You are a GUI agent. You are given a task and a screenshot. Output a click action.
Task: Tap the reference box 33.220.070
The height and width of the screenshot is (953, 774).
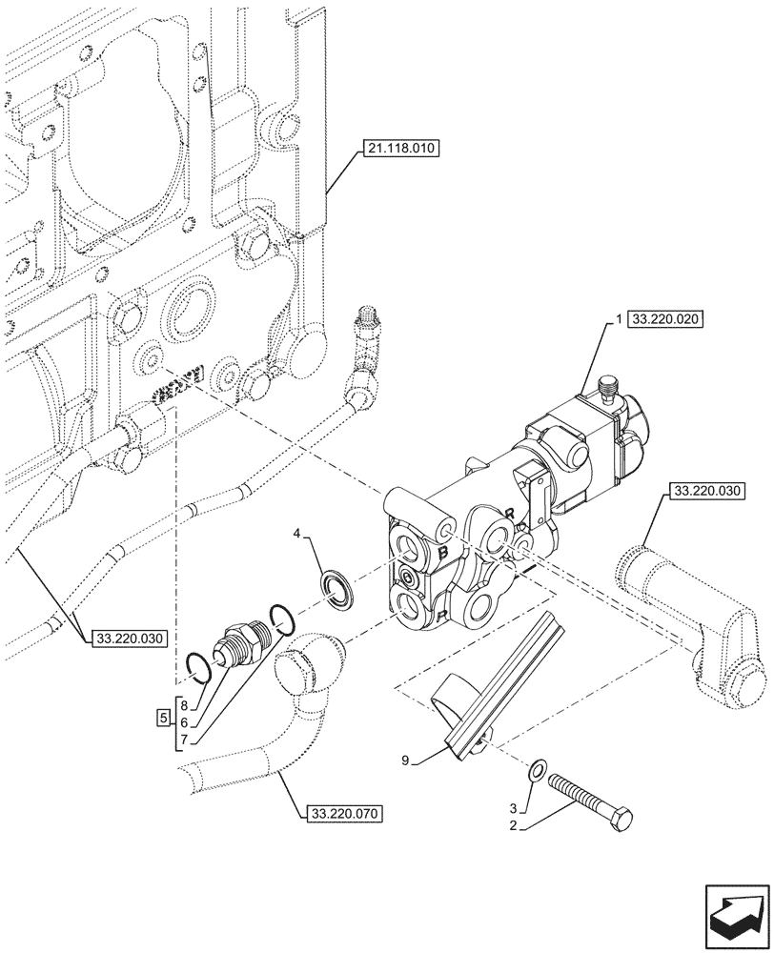coord(345,814)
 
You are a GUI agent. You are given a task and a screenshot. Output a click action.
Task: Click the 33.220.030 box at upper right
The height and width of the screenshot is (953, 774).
coord(707,492)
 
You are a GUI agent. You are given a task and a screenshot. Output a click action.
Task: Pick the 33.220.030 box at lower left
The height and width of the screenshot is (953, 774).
coord(130,639)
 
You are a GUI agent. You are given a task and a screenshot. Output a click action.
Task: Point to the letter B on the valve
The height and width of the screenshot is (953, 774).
coord(443,553)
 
